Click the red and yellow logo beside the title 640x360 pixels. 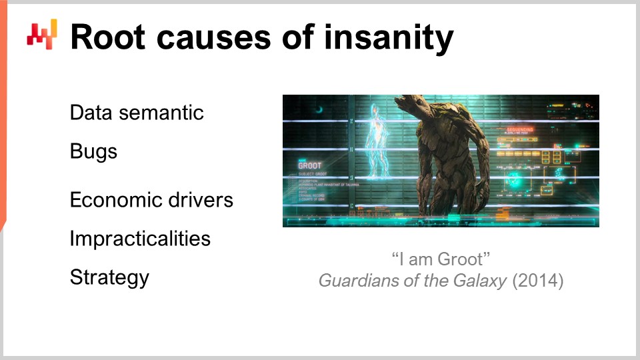coord(42,33)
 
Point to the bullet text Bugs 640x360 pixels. coord(93,151)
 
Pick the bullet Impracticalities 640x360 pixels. coord(140,239)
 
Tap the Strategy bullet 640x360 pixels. coord(109,277)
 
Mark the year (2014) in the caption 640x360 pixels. coord(537,281)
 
